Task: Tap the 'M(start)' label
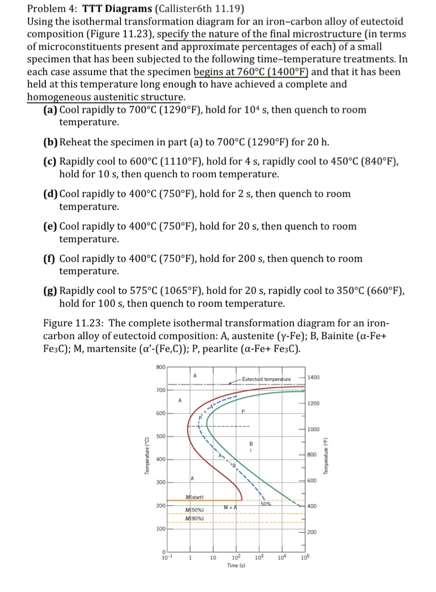pyautogui.click(x=194, y=497)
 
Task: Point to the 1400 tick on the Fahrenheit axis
pyautogui.click(x=315, y=377)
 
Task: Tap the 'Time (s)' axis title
pyautogui.click(x=236, y=565)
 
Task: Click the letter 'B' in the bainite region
pyautogui.click(x=250, y=443)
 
